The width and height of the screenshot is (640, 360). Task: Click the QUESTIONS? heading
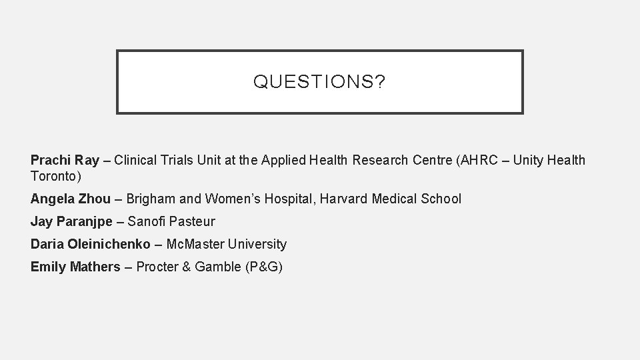point(319,82)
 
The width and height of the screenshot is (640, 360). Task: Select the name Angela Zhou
point(70,199)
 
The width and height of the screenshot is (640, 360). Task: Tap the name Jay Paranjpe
point(71,221)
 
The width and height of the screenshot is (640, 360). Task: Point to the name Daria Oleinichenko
point(91,244)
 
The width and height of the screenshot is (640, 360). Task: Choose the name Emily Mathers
point(75,267)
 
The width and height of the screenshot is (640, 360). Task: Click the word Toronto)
point(55,176)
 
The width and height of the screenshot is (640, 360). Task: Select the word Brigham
point(149,199)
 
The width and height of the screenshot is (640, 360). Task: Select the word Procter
point(158,267)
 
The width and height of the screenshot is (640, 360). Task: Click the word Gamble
point(219,267)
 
